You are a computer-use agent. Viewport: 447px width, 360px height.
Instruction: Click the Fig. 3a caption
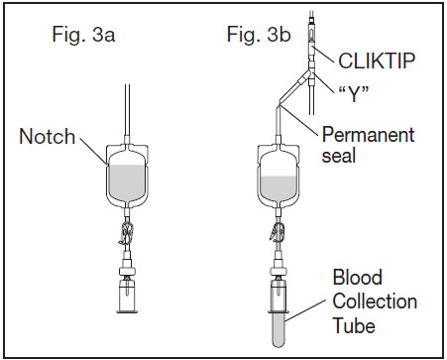[x=83, y=35]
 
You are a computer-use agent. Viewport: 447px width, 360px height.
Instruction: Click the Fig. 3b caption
[x=259, y=35]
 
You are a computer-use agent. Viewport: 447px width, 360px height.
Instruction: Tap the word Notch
[x=48, y=136]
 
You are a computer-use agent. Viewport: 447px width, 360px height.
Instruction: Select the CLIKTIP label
[x=377, y=60]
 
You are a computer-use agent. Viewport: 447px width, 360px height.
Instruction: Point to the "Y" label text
[x=354, y=93]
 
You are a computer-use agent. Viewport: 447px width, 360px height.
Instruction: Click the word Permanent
[x=368, y=135]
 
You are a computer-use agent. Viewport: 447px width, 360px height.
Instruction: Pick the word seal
[x=339, y=156]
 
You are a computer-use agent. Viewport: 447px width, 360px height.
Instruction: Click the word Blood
[x=358, y=277]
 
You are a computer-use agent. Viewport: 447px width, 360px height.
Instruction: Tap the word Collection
[x=375, y=301]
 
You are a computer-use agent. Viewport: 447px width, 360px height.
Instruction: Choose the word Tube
[x=354, y=325]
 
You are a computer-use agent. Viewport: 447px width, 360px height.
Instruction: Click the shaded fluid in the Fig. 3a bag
[x=127, y=182]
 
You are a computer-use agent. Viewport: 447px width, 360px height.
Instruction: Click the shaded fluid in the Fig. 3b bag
[x=279, y=188]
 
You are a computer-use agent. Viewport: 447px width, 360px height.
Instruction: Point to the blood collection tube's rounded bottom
[x=279, y=343]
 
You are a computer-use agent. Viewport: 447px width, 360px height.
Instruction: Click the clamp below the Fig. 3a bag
[x=126, y=234]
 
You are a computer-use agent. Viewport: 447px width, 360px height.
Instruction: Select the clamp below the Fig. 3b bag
[x=278, y=232]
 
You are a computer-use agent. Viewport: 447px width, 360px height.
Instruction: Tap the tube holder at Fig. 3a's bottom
[x=127, y=296]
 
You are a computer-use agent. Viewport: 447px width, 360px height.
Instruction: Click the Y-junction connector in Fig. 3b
[x=308, y=74]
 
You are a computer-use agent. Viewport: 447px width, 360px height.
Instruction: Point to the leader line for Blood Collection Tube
[x=305, y=310]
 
